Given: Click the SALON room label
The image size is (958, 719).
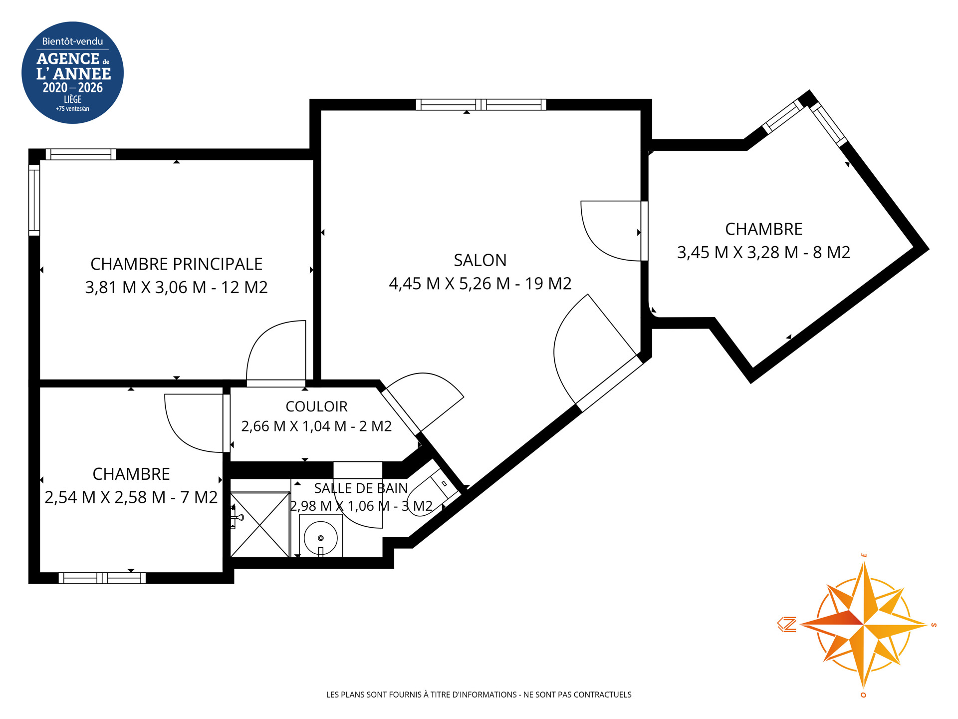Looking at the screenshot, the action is [x=480, y=260].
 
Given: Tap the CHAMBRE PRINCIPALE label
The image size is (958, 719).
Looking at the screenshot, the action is [x=176, y=264].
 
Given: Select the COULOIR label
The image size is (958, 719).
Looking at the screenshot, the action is [x=316, y=406].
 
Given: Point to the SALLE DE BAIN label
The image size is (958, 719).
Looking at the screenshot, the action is [x=361, y=488].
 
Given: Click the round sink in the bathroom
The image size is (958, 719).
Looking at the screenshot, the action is [x=321, y=538].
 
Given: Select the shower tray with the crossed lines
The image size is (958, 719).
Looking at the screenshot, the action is [x=260, y=524].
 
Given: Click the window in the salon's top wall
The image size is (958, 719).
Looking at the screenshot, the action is [x=481, y=104].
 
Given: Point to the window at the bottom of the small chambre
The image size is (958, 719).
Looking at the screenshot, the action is [x=102, y=578].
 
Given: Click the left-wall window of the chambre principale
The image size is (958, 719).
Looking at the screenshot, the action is [x=34, y=200].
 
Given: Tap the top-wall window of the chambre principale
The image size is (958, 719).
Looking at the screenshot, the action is [x=81, y=154].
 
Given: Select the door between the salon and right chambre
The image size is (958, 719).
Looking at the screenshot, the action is [x=644, y=231].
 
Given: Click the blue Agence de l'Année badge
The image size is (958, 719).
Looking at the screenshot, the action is [x=72, y=72].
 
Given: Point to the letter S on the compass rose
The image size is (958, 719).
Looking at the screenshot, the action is [x=934, y=625].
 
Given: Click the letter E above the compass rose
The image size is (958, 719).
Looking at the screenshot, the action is [x=864, y=555].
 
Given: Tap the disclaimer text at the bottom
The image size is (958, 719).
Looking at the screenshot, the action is [x=479, y=695].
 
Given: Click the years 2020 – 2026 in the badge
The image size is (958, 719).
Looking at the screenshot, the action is [x=73, y=88].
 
